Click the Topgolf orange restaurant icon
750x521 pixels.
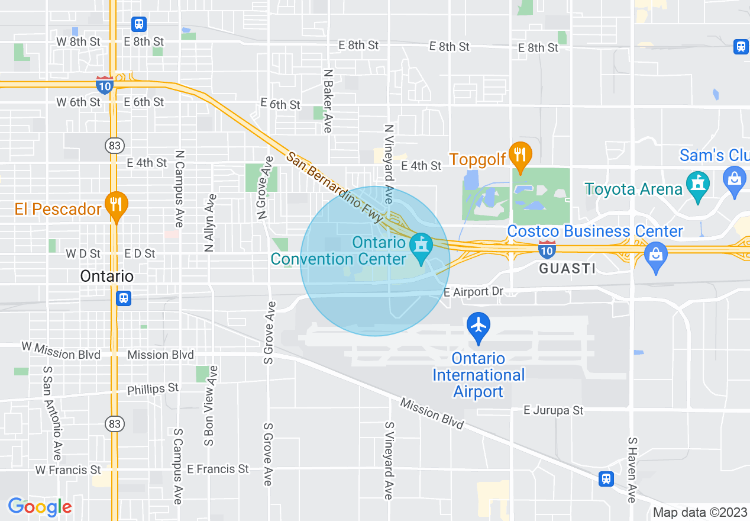point(519,155)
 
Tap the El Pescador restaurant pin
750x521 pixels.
point(117,205)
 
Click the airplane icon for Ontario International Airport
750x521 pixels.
point(479,326)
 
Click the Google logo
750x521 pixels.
point(40,507)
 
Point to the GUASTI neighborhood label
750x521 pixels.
point(567,268)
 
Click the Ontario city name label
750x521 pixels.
point(107,276)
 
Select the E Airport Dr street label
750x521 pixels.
point(473,292)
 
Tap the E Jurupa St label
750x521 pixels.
point(554,410)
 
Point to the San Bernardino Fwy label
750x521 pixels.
point(335,188)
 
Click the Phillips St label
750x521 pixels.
point(153,389)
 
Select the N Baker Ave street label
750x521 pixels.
point(328,101)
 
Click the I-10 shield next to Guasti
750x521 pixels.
point(547,249)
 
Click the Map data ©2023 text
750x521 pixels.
point(700,512)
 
